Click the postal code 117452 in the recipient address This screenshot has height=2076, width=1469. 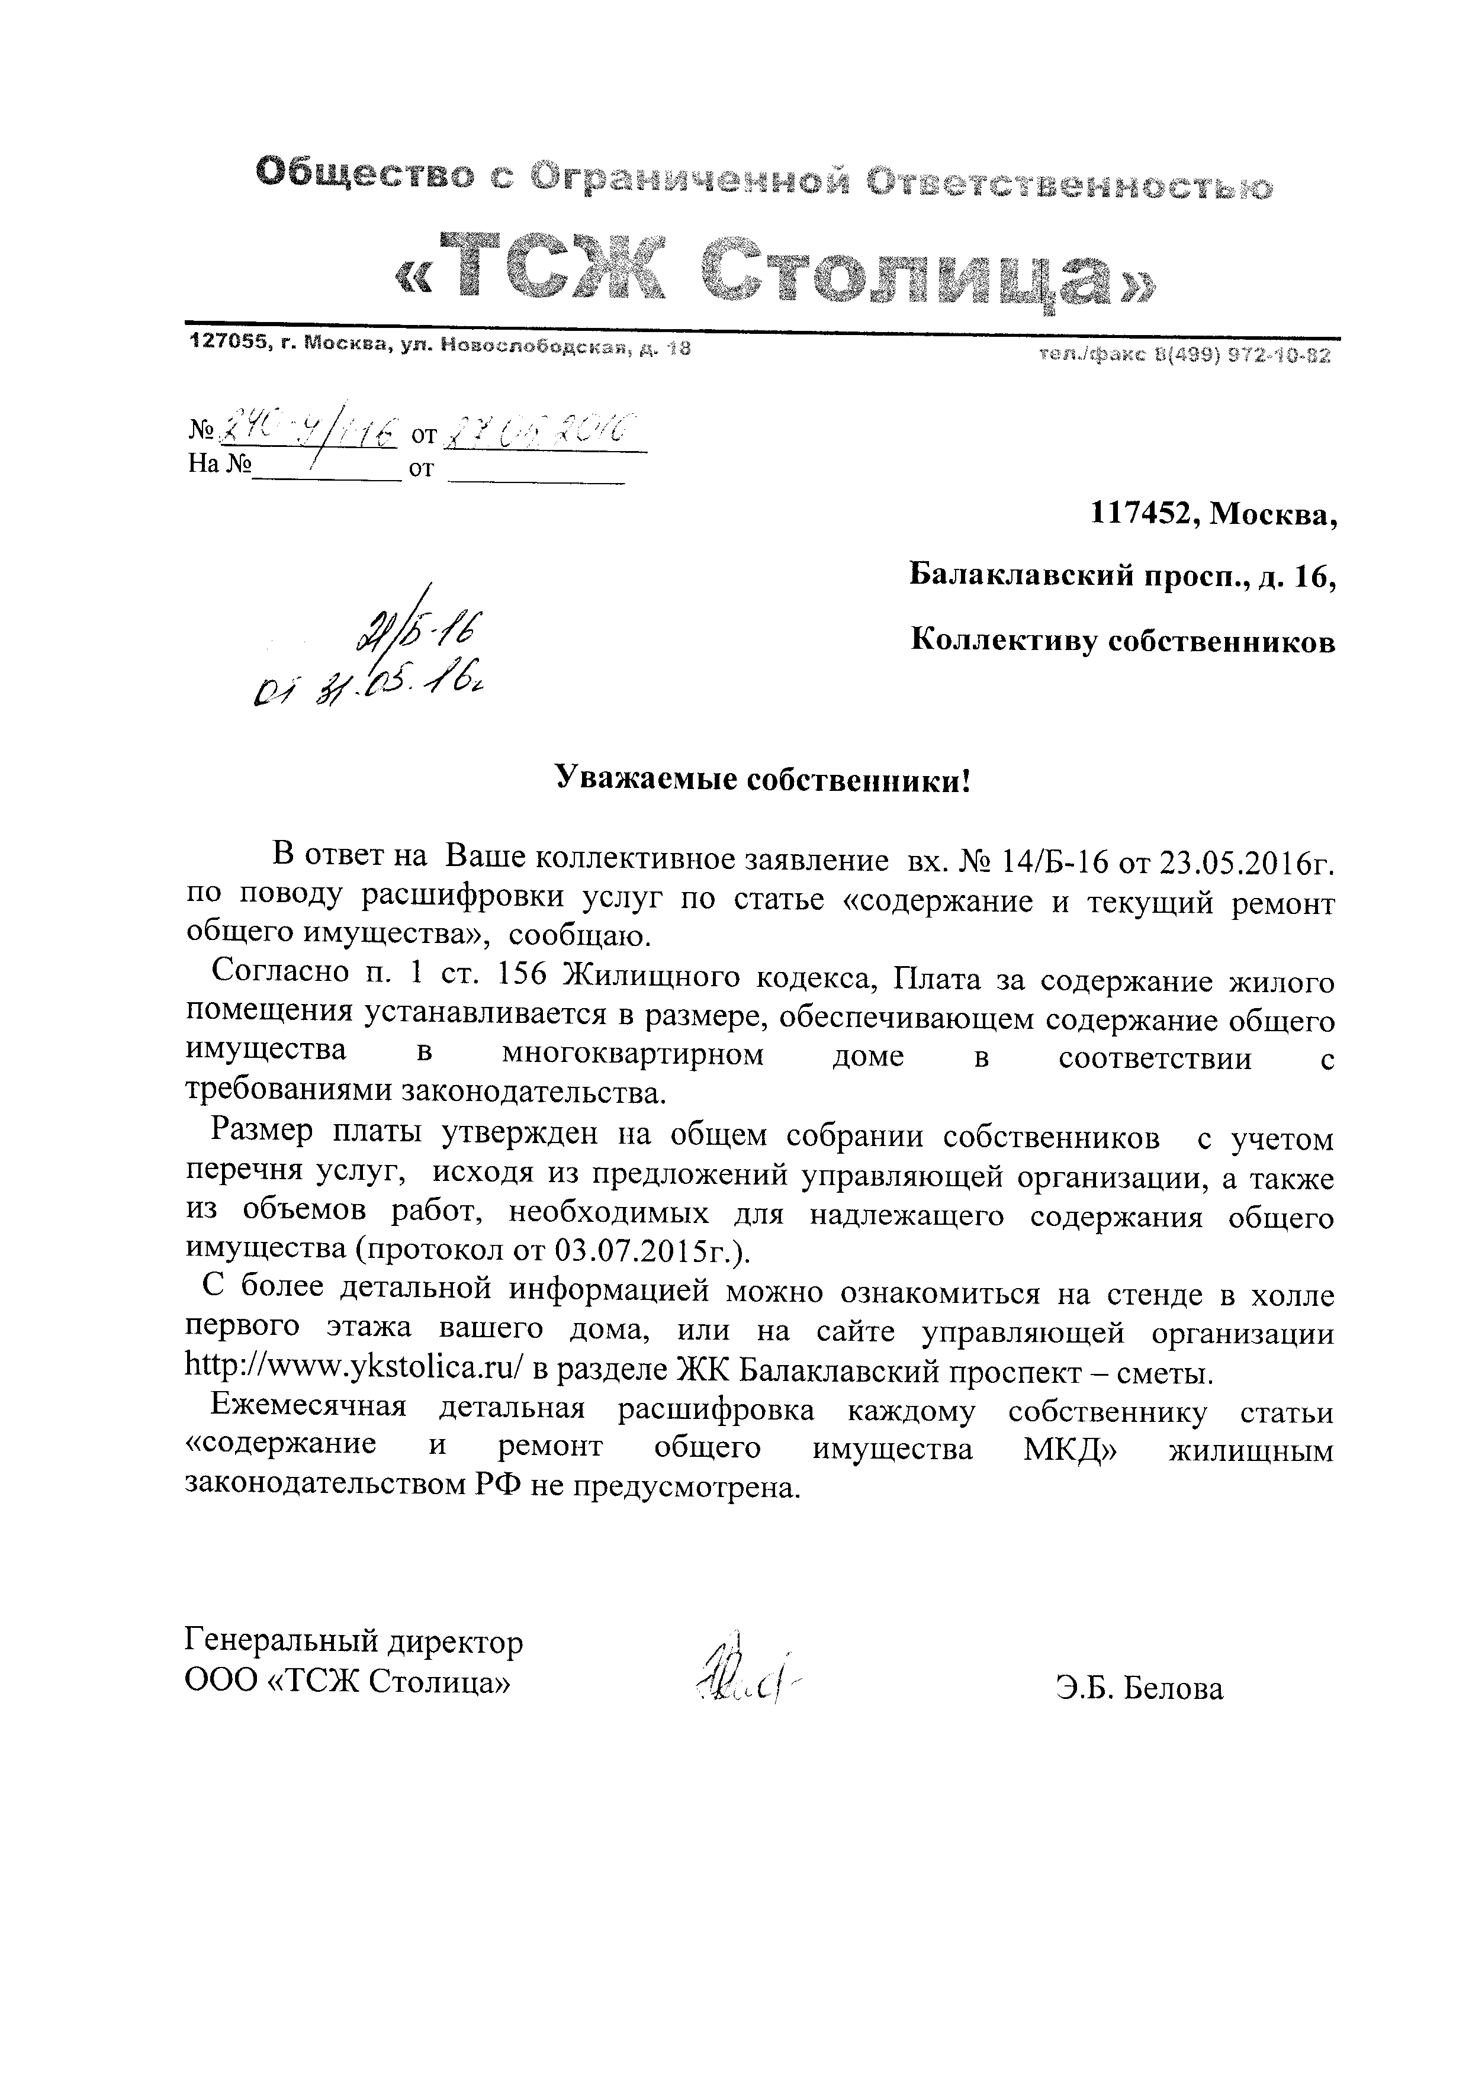click(1145, 516)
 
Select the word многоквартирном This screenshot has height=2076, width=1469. click(633, 1055)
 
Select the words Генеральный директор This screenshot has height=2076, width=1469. click(353, 1641)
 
